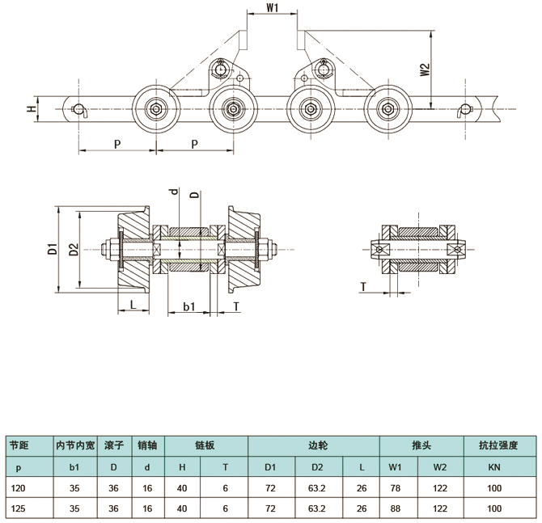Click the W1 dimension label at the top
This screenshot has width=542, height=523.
273,8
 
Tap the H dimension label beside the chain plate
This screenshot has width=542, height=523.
32,109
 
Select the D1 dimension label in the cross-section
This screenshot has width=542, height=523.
53,249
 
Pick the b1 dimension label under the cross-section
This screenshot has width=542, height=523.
189,306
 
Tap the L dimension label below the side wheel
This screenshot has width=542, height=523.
133,304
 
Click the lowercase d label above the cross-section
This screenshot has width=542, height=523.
175,191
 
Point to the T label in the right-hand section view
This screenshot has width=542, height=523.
364,287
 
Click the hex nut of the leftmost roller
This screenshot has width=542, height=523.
156,109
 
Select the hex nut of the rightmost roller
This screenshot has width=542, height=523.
387,109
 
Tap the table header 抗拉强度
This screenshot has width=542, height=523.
498,445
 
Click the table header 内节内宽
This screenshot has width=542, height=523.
75,445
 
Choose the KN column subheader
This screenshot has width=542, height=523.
494,467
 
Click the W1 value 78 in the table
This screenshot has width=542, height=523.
396,488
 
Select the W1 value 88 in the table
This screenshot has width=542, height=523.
396,508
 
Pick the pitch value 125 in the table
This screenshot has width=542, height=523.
19,508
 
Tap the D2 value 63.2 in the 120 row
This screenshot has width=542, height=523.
317,488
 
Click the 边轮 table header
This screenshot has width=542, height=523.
318,445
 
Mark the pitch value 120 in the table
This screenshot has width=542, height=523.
19,488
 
